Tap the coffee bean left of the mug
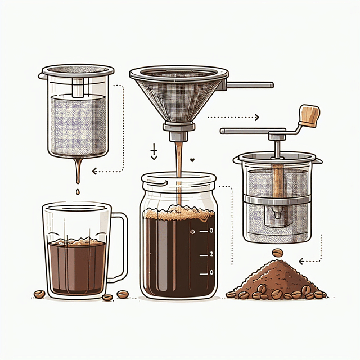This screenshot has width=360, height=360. pyautogui.click(x=39, y=294)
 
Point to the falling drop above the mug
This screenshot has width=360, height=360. pyautogui.click(x=75, y=193)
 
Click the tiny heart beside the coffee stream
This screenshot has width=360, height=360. pyautogui.click(x=192, y=160)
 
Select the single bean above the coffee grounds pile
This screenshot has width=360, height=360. pyautogui.click(x=278, y=253)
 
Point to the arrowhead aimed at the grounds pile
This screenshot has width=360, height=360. pyautogui.click(x=301, y=261)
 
